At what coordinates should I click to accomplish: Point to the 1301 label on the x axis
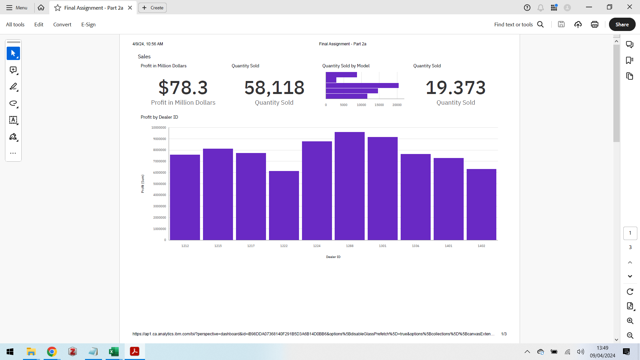tap(382, 246)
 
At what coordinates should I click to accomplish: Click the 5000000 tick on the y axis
tap(159, 184)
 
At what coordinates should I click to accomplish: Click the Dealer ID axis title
tap(333, 257)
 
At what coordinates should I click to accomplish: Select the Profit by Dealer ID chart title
tap(159, 117)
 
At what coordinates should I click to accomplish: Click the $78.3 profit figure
tap(183, 88)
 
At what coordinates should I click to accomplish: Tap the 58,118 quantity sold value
tap(274, 88)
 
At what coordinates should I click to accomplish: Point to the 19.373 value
tap(455, 88)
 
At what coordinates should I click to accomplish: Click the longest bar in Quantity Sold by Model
tap(362, 86)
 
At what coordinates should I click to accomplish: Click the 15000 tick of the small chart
tap(379, 105)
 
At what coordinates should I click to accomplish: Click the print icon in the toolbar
tap(594, 24)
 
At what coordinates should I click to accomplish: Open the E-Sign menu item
tap(88, 25)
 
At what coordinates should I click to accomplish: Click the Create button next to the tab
tap(153, 8)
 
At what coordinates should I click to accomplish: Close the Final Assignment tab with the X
tap(130, 8)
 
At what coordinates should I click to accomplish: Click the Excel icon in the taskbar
tap(114, 352)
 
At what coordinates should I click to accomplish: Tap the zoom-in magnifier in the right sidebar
tap(630, 321)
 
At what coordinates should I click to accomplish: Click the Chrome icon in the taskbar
tap(52, 352)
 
